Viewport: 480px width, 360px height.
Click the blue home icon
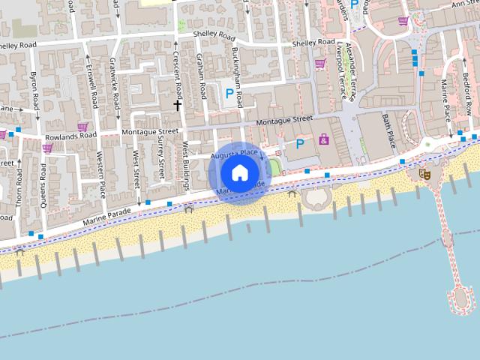pos(239,172)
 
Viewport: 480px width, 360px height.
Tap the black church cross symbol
pos(178,105)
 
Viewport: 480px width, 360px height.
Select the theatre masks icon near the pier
pos(424,174)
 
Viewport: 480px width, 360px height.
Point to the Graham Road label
pos(202,78)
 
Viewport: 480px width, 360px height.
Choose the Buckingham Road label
pos(237,77)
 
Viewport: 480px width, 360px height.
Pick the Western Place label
pos(101,174)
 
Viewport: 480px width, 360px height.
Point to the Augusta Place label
pos(235,154)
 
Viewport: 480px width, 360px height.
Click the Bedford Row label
pos(466,93)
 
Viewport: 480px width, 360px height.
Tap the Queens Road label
pos(44,183)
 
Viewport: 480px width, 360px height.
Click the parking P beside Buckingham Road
pos(229,93)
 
